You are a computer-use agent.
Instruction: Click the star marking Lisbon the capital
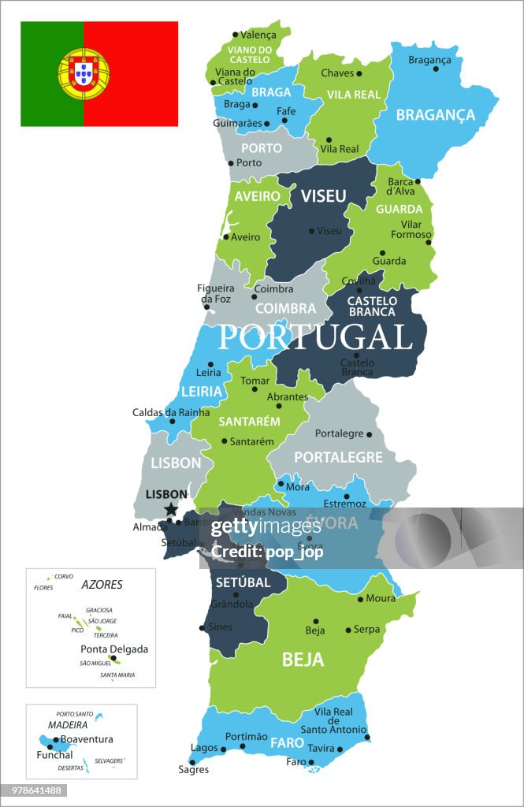coord(171,510)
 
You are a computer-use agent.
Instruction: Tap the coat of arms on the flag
coord(84,74)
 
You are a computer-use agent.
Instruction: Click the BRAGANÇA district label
coord(435,115)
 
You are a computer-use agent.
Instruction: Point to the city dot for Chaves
coord(359,73)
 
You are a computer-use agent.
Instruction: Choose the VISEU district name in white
coord(323,196)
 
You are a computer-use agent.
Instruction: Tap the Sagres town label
coord(193,769)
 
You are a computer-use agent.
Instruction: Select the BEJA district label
coord(303,660)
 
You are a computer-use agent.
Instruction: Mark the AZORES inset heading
coord(102,585)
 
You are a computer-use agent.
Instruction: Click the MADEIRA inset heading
coord(67,724)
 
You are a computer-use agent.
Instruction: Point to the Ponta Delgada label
coord(114,649)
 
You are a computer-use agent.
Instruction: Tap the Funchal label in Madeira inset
coord(54,755)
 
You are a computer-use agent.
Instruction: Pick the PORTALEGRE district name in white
coord(338,457)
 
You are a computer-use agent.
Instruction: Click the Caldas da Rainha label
coord(171,412)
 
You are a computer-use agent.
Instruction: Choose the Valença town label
coord(258,35)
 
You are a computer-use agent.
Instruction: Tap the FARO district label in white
coord(288,742)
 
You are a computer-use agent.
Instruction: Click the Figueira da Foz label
coord(215,294)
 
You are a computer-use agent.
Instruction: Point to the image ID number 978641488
coord(35,790)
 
